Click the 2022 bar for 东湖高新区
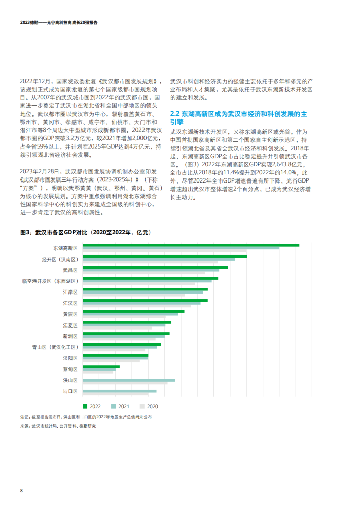[190, 245]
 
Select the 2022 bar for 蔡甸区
[101, 366]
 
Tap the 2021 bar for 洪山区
[129, 380]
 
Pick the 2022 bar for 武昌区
[155, 267]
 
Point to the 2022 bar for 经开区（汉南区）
[164, 257]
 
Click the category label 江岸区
[70, 292]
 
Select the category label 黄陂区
[70, 314]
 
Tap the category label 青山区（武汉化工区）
[55, 347]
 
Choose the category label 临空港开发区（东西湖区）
[50, 281]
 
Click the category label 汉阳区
[70, 358]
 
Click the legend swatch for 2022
[85, 406]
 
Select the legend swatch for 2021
[113, 406]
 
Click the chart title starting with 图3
[85, 232]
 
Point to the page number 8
[21, 490]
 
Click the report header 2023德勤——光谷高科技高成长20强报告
[59, 23]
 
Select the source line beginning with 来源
[58, 426]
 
